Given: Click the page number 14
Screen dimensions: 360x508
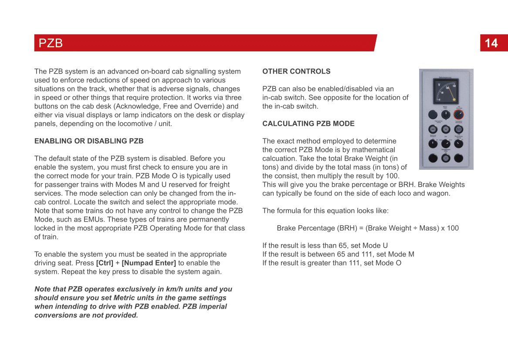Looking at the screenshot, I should pyautogui.click(x=491, y=43).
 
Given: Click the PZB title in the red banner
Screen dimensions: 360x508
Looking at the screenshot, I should pyautogui.click(x=51, y=43).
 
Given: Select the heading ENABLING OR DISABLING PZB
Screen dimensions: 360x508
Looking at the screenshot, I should pyautogui.click(x=89, y=141).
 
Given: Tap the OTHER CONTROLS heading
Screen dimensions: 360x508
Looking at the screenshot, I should pyautogui.click(x=296, y=71).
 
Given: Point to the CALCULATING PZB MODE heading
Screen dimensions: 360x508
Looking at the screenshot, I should pyautogui.click(x=308, y=124).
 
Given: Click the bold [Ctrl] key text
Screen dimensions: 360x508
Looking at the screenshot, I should pyautogui.click(x=105, y=263).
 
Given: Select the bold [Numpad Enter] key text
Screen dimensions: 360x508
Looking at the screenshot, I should pyautogui.click(x=149, y=263).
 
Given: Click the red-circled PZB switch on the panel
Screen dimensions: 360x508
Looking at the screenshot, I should pyautogui.click(x=458, y=115).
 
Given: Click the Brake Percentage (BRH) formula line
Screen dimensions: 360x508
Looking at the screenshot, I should pyautogui.click(x=368, y=228).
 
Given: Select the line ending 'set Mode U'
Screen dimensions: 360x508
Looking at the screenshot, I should pyautogui.click(x=325, y=246).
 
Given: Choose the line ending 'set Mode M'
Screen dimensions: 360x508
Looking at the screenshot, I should pyautogui.click(x=338, y=254).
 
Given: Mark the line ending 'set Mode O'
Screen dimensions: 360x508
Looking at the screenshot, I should pyautogui.click(x=332, y=263).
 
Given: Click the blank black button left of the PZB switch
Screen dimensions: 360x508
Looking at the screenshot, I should pyautogui.click(x=433, y=115).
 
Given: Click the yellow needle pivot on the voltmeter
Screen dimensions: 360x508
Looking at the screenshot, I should pyautogui.click(x=454, y=100).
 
